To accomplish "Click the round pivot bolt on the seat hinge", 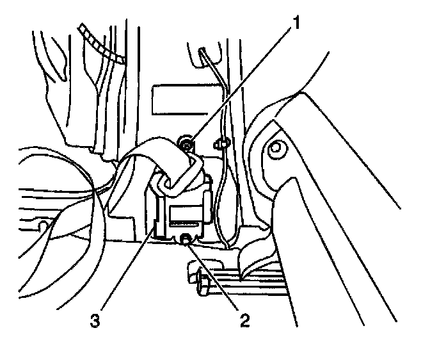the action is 276,151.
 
